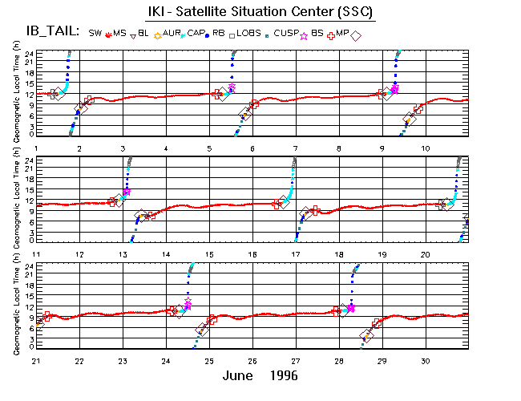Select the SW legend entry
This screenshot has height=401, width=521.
coord(95,33)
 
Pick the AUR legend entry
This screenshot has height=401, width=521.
coord(172,33)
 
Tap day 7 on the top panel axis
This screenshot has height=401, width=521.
coord(296,149)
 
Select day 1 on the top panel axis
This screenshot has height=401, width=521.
coord(36,149)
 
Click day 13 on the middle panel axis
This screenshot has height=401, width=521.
coord(123,254)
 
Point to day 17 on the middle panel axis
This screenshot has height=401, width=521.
coord(296,254)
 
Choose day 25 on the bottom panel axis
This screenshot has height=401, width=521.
coord(209,360)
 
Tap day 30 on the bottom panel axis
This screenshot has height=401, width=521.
coord(426,360)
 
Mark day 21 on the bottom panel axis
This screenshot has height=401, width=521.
coord(36,360)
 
